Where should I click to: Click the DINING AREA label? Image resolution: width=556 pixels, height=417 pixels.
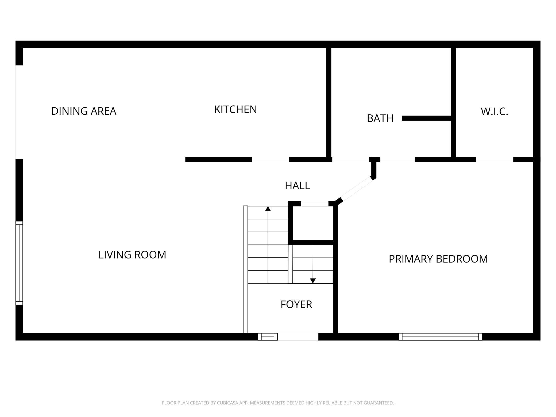[x=84, y=111]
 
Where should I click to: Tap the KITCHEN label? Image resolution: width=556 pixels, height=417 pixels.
[x=235, y=109]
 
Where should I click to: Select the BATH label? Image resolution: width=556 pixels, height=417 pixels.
[x=380, y=118]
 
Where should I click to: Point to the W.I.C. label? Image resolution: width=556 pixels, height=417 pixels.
[x=494, y=111]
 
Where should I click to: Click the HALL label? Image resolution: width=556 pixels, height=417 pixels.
[x=297, y=186]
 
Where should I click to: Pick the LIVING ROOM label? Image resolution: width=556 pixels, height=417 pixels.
[x=132, y=255]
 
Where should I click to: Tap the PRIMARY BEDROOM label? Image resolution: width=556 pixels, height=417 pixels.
[x=438, y=259]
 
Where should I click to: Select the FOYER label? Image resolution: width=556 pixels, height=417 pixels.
[x=296, y=304]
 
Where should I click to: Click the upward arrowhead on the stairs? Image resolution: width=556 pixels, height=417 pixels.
[x=268, y=208]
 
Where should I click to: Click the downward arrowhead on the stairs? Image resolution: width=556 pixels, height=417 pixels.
[x=313, y=281]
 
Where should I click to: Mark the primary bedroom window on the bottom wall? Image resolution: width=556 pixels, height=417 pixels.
[x=440, y=337]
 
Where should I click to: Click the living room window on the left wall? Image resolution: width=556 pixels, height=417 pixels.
[x=19, y=263]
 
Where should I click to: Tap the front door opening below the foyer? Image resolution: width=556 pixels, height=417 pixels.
[x=298, y=337]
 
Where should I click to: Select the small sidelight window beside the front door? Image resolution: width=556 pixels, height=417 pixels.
[x=268, y=337]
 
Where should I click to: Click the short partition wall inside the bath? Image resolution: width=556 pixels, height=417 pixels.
[x=427, y=118]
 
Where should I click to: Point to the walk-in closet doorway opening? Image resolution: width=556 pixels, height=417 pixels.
[x=495, y=160]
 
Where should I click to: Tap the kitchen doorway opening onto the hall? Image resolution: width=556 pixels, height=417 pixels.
[x=271, y=160]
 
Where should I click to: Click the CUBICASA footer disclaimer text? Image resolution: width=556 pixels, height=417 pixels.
[x=278, y=403]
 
